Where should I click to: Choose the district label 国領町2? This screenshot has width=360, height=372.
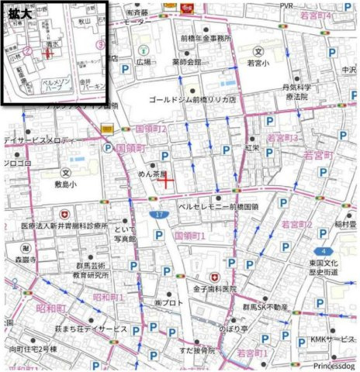[x=151, y=128]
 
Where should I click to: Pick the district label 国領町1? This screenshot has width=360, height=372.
[x=189, y=235]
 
